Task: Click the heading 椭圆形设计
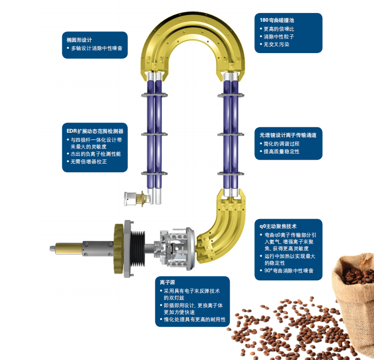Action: pyautogui.click(x=79, y=40)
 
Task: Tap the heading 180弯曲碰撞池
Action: pyautogui.click(x=277, y=20)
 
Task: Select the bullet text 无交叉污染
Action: pyautogui.click(x=276, y=44)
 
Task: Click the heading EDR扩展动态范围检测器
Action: pyautogui.click(x=95, y=131)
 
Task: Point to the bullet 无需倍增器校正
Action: pyautogui.click(x=88, y=162)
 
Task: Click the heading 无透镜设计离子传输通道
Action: pyautogui.click(x=288, y=135)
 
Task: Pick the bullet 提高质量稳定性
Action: pyautogui.click(x=281, y=152)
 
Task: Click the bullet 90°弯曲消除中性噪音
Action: pyautogui.click(x=289, y=271)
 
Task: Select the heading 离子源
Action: pyautogui.click(x=167, y=282)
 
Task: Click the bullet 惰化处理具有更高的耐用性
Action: pyautogui.click(x=194, y=319)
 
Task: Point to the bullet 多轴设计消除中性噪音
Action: pyautogui.click(x=97, y=48)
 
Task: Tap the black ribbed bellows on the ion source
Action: pyautogui.click(x=138, y=249)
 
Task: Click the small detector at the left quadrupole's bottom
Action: pyautogui.click(x=137, y=198)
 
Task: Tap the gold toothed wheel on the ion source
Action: pyautogui.click(x=119, y=249)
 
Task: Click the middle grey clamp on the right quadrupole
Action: pyautogui.click(x=231, y=135)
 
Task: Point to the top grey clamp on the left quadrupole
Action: pyautogui.click(x=154, y=95)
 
